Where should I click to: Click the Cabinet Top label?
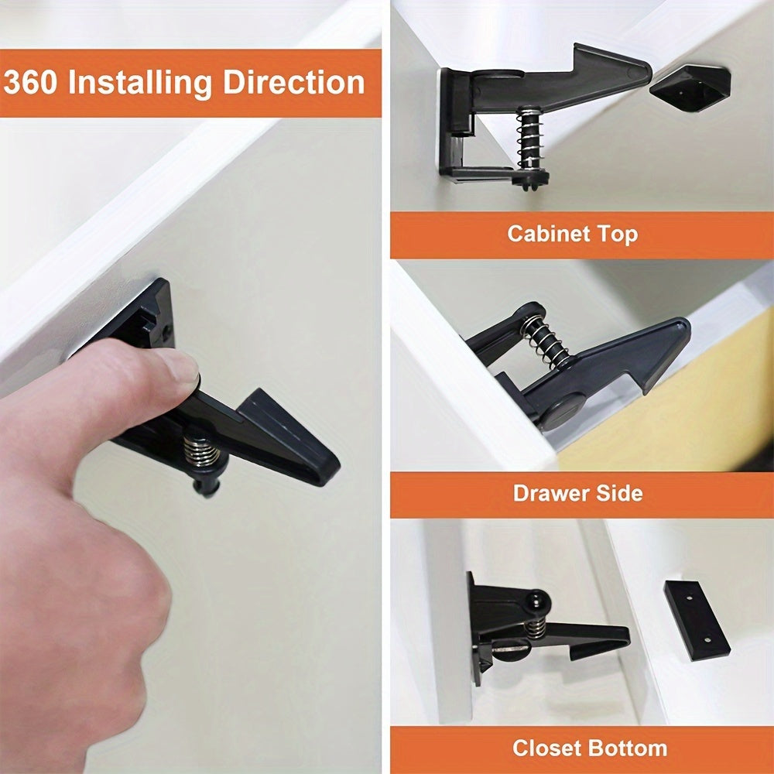573,234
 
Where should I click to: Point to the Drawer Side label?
577,493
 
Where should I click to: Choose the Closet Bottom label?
589,748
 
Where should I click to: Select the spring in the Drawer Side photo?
548,341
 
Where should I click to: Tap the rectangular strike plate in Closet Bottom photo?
697,619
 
